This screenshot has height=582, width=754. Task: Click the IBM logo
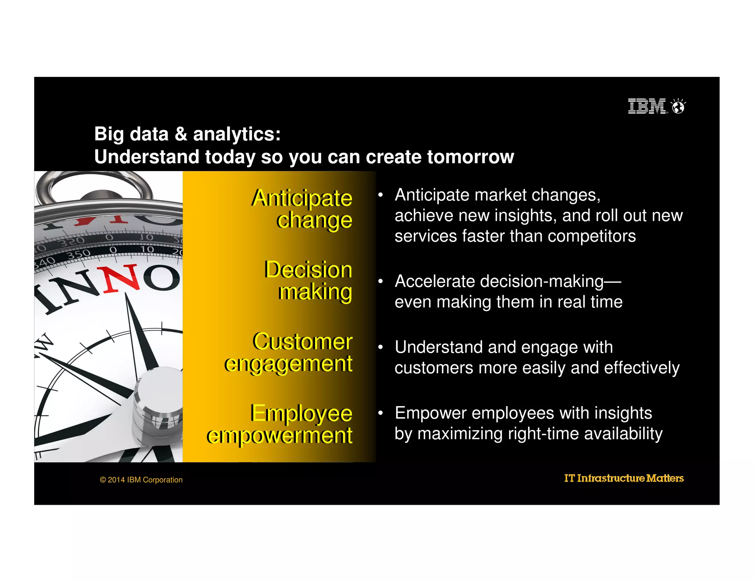[647, 106]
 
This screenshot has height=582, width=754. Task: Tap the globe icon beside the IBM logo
[678, 107]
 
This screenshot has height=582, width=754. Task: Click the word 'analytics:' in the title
[237, 134]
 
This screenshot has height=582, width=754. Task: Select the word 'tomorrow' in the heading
[470, 157]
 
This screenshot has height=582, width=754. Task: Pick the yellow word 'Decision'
[308, 269]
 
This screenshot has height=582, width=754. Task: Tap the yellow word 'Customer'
[302, 341]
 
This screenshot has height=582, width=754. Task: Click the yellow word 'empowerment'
[279, 436]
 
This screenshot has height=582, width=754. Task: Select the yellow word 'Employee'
[301, 413]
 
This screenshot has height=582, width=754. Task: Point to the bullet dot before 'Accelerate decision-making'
[381, 281]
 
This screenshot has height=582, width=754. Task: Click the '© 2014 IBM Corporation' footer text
[141, 480]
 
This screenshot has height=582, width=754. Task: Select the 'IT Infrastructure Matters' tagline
[624, 478]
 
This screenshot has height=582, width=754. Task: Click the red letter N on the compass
[121, 278]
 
